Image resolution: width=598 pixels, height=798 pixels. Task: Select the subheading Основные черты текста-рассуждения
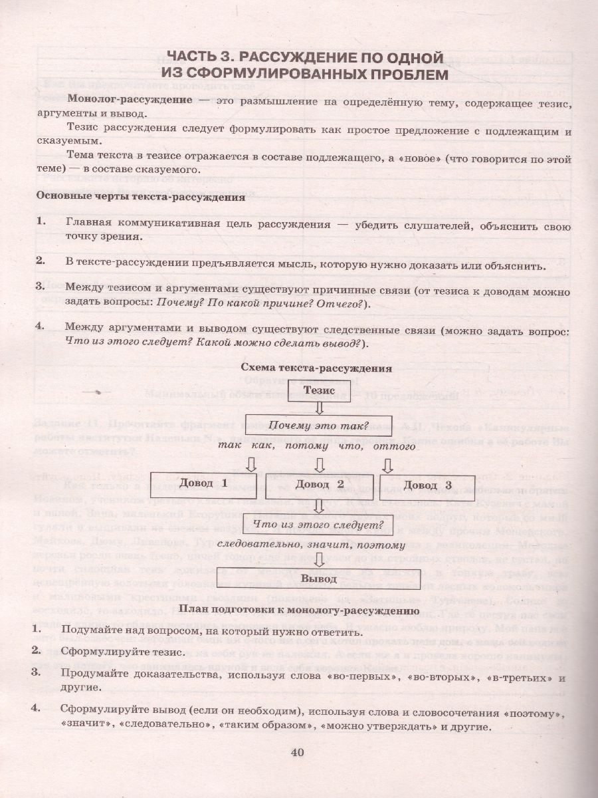click(140, 197)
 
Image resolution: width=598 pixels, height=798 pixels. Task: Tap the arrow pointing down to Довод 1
click(252, 463)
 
